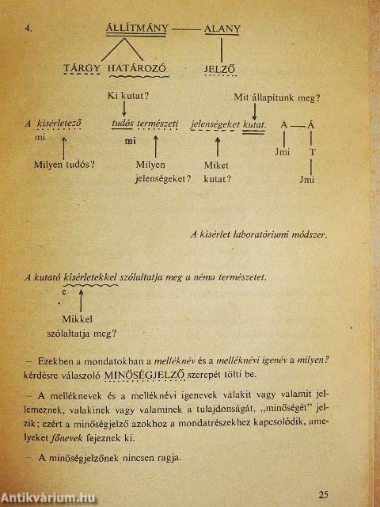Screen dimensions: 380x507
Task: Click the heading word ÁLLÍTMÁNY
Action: coord(137,29)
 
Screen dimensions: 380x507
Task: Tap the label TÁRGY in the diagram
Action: coord(83,68)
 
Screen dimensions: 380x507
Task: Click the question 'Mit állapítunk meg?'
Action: coord(276,97)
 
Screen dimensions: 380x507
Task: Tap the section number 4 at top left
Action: coord(28,30)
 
